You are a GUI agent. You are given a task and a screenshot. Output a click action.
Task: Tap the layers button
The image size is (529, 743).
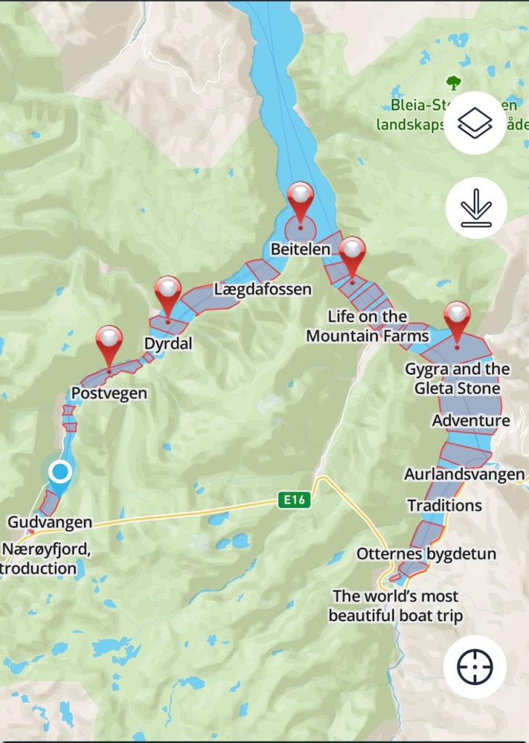coord(475,123)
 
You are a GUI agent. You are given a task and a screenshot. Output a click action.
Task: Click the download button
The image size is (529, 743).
coord(475,208)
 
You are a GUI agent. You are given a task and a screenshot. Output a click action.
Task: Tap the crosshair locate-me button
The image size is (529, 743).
coord(475,666)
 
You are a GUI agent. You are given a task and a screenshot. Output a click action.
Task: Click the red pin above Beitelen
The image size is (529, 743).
coord(300,197)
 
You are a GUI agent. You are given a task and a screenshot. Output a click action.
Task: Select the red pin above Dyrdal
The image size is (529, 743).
coord(168,291)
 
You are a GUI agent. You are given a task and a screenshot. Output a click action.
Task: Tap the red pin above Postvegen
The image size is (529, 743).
coord(110,340)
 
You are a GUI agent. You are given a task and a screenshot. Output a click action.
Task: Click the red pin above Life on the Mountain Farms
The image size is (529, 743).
coord(353,252)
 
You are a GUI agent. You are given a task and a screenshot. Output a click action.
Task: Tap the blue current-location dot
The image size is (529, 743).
coord(60,472)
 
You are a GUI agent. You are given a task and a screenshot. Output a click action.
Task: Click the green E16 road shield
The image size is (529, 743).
coord(293,499)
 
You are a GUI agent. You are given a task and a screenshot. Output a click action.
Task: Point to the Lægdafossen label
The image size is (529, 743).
coord(262,290)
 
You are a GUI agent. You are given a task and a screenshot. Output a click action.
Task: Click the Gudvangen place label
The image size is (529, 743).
coord(50,522)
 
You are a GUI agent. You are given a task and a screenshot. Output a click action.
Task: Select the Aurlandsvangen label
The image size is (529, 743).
coord(464,475)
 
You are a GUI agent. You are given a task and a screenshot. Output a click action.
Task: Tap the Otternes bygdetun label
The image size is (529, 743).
coord(426,554)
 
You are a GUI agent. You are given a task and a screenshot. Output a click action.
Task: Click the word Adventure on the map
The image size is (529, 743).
coord(471,421)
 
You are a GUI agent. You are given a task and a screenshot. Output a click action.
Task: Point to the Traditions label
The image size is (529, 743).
coord(444,505)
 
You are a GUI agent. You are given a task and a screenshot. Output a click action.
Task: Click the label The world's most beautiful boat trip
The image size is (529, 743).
coord(395,606)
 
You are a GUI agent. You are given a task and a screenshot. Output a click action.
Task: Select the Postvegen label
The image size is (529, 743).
coord(109,393)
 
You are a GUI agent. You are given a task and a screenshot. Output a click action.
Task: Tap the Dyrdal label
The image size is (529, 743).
coord(168,343)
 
